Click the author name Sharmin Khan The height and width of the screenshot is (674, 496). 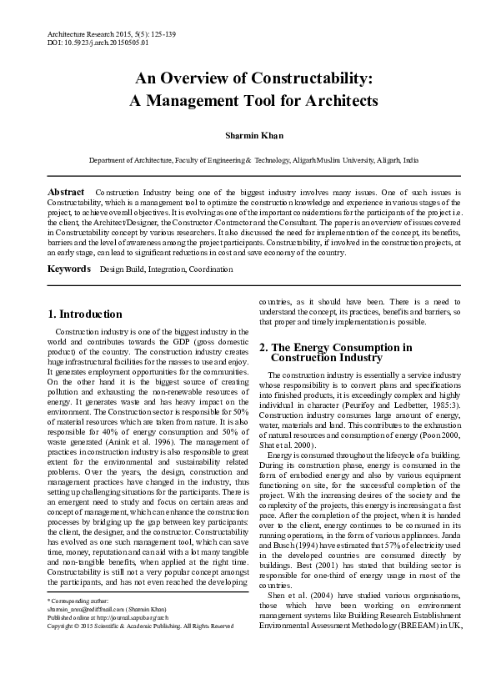(x=248, y=134)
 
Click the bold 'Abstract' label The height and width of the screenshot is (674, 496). (x=67, y=192)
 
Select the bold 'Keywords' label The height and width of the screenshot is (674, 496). (x=68, y=246)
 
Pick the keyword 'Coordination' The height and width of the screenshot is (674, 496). (x=211, y=247)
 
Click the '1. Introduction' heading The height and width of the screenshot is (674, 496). (x=84, y=314)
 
